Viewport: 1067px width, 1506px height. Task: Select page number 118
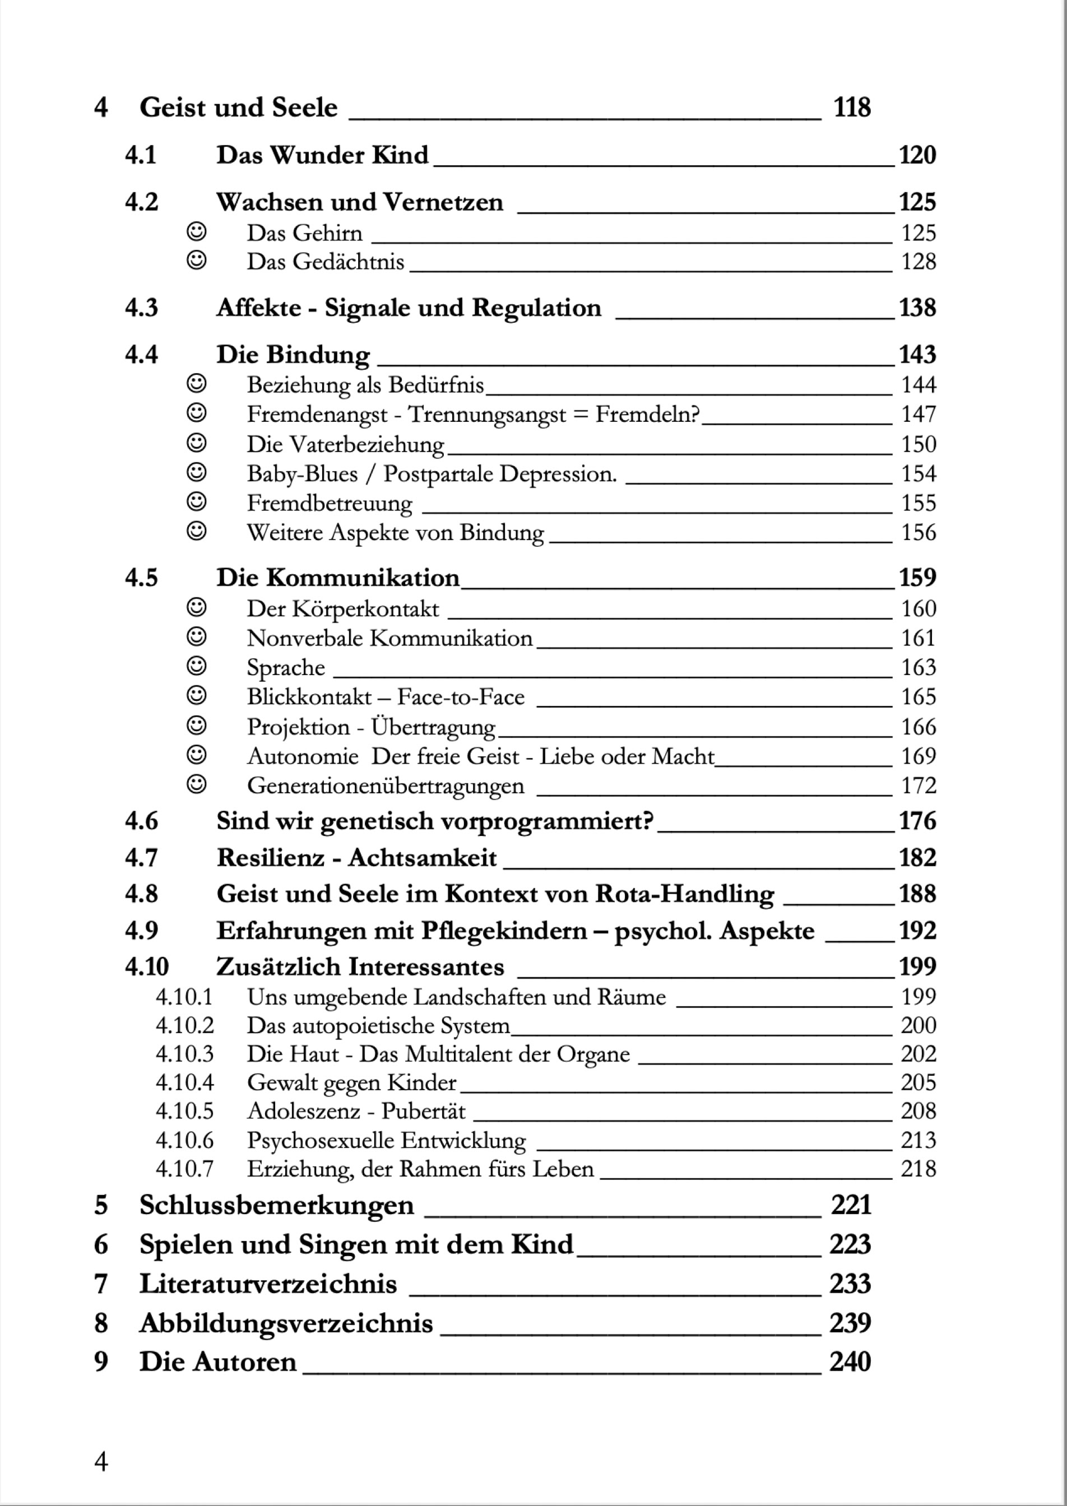click(851, 108)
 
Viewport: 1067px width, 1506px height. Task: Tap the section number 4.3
click(141, 308)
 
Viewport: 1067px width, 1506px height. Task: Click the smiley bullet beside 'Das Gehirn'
click(197, 232)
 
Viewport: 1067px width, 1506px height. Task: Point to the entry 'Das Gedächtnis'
click(325, 262)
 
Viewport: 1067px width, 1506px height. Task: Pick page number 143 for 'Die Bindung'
click(917, 355)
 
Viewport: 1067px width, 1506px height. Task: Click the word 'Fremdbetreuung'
click(329, 504)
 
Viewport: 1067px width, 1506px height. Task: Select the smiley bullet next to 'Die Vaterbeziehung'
click(197, 443)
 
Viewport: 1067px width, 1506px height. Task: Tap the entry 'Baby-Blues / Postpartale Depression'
click(432, 474)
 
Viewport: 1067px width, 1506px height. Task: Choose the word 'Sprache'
click(286, 668)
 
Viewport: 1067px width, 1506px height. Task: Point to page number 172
click(918, 785)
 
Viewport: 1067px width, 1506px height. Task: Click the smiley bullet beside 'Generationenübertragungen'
click(197, 785)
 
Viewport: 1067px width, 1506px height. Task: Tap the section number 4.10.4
click(184, 1083)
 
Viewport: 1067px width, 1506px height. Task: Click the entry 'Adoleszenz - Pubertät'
click(355, 1111)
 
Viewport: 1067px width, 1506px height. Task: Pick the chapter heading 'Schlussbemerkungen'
click(277, 1205)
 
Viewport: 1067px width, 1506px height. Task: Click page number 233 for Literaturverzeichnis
click(850, 1284)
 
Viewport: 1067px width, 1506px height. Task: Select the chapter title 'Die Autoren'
click(217, 1362)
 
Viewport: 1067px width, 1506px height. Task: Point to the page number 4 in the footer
click(101, 1462)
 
